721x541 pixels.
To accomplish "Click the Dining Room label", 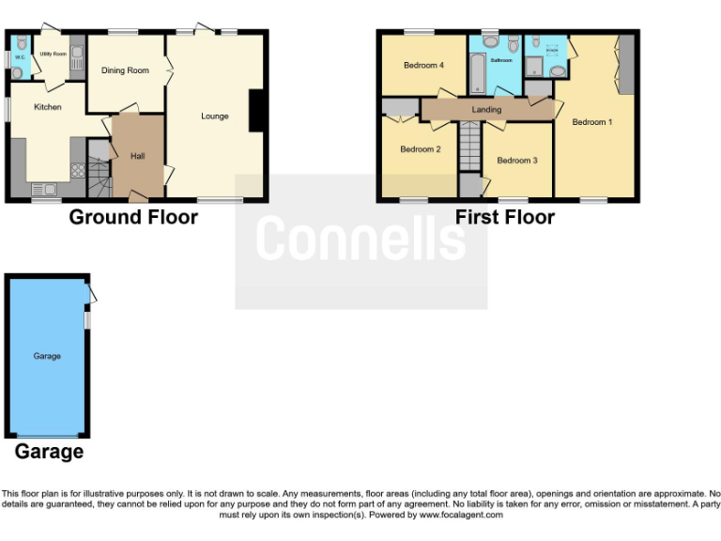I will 126,71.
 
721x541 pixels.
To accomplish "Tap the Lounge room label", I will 215,116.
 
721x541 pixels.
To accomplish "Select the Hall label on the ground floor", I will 137,156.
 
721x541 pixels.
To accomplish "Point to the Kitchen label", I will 47,107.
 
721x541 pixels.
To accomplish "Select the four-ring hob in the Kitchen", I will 77,171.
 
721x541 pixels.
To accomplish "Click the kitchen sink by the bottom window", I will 43,189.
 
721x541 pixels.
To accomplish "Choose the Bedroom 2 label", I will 421,148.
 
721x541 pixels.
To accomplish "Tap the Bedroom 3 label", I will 517,161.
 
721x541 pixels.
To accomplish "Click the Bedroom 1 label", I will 591,122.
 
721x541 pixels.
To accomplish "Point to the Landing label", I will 486,110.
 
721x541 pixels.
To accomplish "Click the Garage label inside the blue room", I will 47,356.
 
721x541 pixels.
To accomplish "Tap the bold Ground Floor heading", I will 133,217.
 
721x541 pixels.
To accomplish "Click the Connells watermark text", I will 360,239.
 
